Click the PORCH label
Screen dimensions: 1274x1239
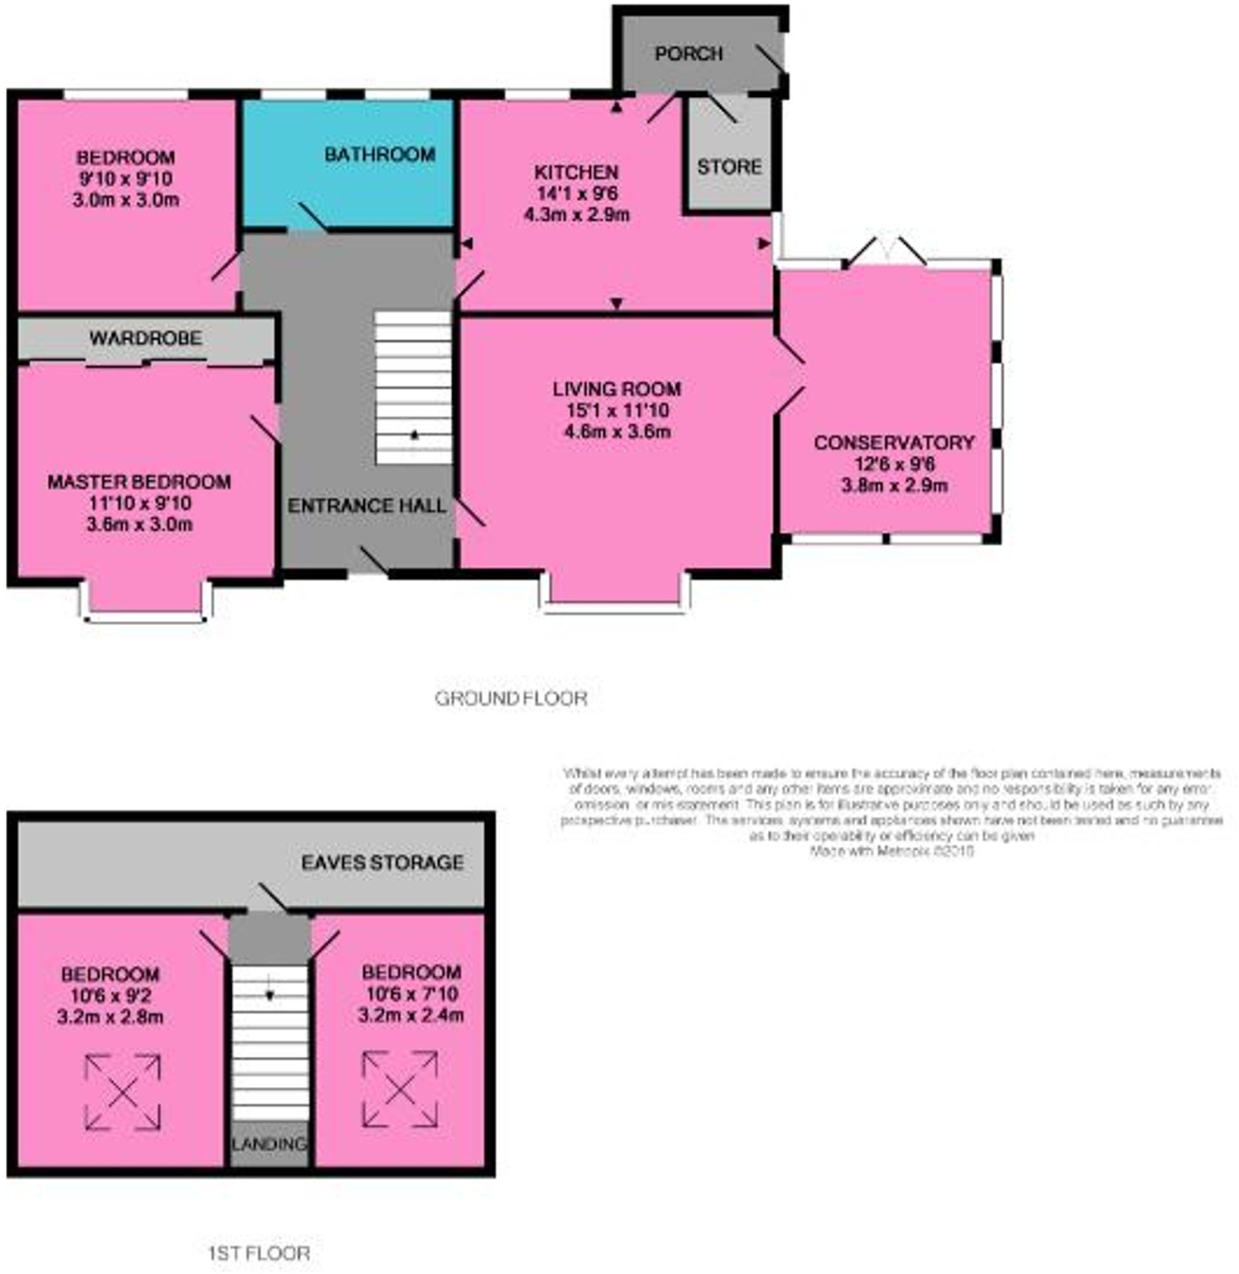[688, 54]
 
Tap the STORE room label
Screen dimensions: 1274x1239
[729, 167]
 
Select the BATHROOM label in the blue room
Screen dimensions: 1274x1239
[379, 155]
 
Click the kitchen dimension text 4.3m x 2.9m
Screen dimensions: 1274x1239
[576, 215]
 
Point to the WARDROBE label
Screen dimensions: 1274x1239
[145, 338]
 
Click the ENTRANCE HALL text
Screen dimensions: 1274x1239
[366, 506]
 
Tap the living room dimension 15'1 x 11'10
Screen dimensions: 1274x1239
[617, 410]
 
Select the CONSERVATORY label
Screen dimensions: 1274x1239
[893, 443]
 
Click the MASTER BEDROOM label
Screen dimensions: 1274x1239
[139, 482]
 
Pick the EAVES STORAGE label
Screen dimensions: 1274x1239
[382, 862]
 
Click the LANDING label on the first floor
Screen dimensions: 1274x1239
[269, 1144]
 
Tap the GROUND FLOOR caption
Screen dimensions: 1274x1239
[511, 699]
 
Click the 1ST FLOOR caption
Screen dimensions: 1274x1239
[258, 1253]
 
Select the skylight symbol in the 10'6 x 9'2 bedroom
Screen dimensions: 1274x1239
[123, 1092]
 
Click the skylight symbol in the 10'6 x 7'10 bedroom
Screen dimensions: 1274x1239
[400, 1089]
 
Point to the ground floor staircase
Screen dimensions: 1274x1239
[413, 387]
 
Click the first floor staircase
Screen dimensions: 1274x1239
[270, 1042]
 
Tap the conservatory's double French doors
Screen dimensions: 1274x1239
[886, 252]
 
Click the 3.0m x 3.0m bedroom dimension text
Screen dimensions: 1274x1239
[126, 200]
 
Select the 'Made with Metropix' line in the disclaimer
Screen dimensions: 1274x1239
[891, 851]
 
